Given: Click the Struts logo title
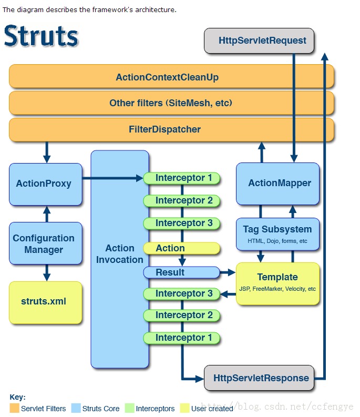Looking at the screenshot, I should point(41,36).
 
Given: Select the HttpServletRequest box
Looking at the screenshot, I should point(259,40).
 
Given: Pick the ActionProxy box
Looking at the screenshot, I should point(46,184).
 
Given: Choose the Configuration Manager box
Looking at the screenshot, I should point(46,243).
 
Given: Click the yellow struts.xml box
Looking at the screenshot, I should point(46,302).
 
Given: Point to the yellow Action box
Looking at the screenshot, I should point(181,248).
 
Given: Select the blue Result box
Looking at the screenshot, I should point(181,272).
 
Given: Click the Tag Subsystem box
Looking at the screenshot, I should point(277,233).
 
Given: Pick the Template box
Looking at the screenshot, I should point(277,283).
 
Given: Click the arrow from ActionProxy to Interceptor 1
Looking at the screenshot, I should point(112,178).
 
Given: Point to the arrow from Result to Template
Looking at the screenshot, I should point(228,272).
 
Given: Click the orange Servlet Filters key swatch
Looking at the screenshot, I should point(14,408).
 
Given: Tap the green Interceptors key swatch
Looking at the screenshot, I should point(129,408).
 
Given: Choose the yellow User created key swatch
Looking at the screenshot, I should point(184,408).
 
